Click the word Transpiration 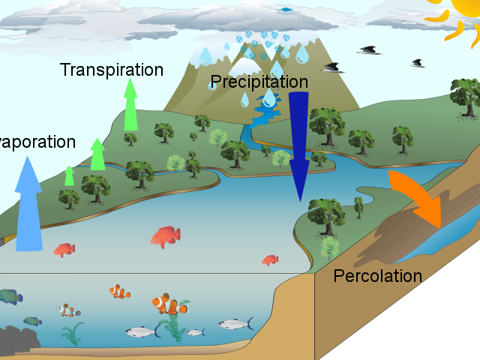pyautogui.click(x=111, y=70)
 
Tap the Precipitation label pyautogui.click(x=259, y=81)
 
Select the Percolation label pyautogui.click(x=377, y=275)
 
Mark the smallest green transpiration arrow pyautogui.click(x=69, y=175)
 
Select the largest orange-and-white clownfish pyautogui.click(x=170, y=304)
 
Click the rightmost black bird pyautogui.click(x=417, y=63)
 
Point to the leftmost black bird pyautogui.click(x=333, y=67)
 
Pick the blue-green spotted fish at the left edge pyautogui.click(x=10, y=298)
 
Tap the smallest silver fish pyautogui.click(x=195, y=331)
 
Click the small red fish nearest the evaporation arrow pyautogui.click(x=64, y=249)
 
